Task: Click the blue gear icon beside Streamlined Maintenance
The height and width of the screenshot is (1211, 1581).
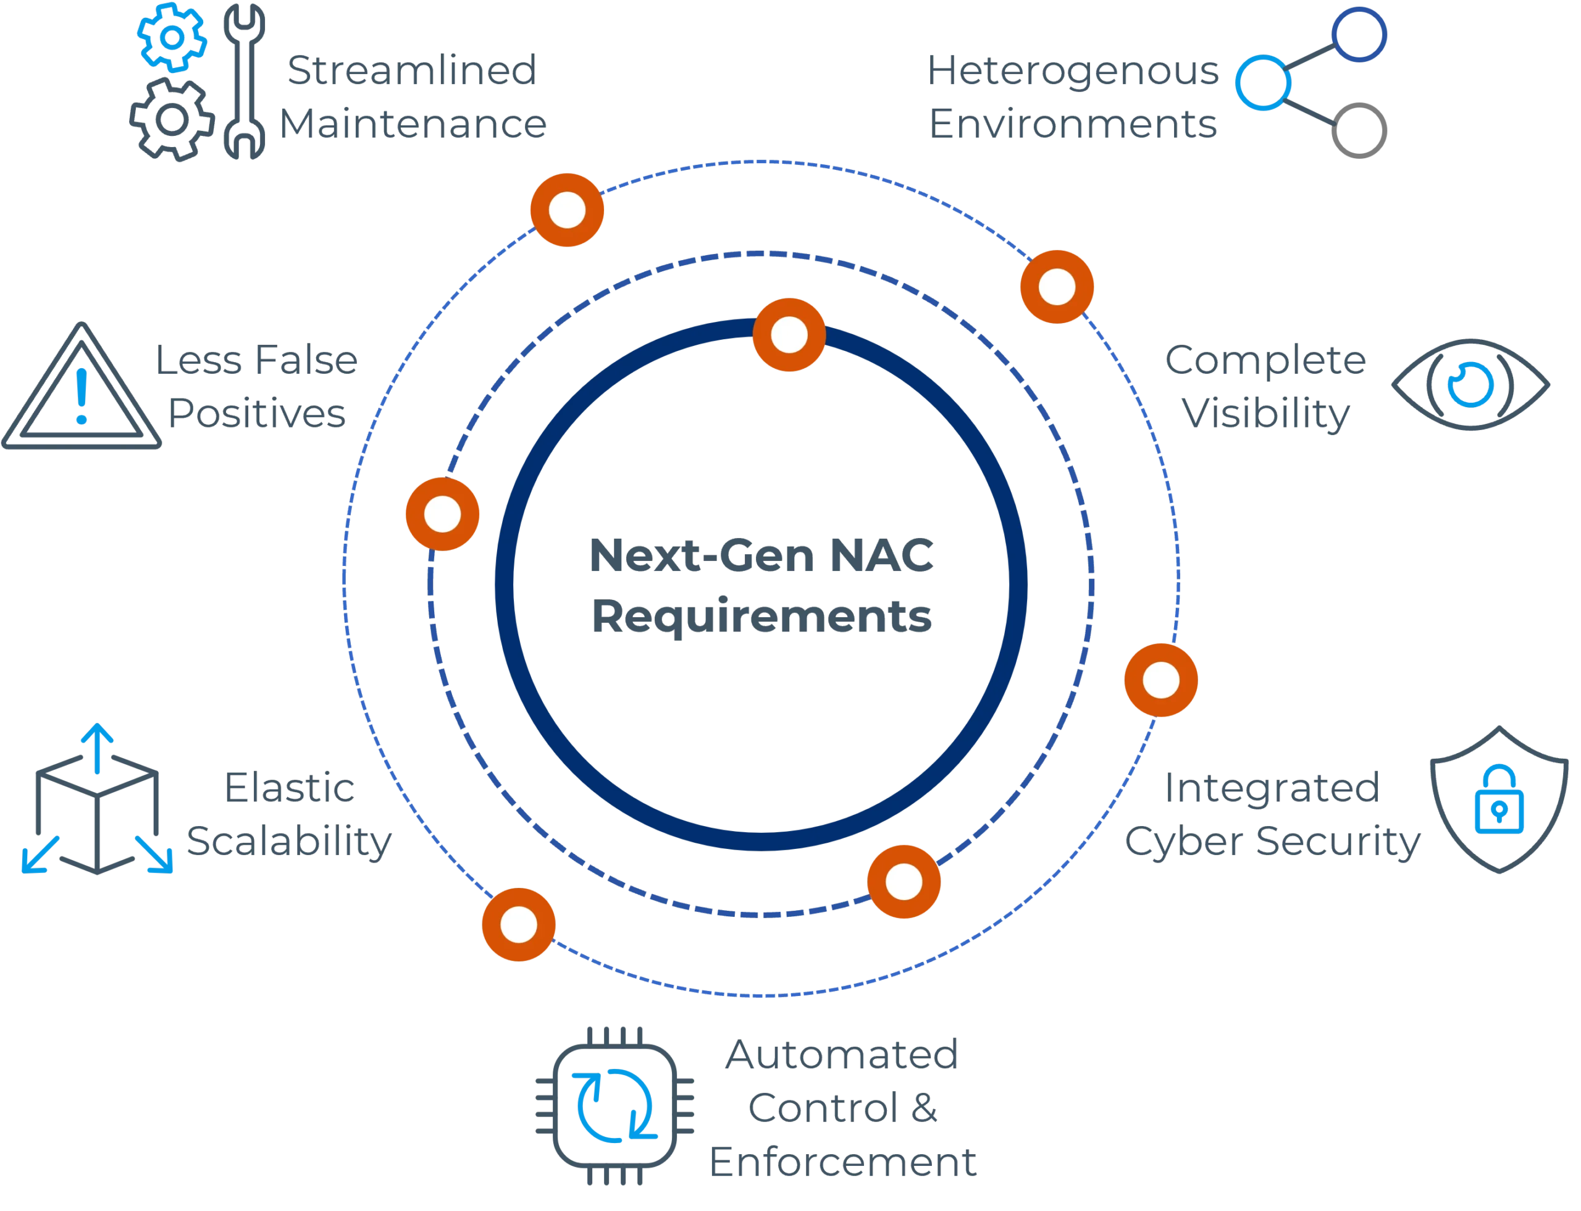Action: click(171, 38)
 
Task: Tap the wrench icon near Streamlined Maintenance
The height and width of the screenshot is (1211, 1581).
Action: click(243, 81)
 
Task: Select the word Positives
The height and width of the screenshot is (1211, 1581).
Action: click(256, 415)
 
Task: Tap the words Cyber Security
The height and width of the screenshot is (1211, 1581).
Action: click(1271, 840)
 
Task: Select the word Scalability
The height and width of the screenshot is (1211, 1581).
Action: click(289, 840)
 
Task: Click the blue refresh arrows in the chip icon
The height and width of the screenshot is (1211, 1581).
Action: click(613, 1107)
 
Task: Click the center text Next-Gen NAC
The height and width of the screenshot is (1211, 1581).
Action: click(761, 555)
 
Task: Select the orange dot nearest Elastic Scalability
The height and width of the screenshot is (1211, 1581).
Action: click(518, 925)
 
